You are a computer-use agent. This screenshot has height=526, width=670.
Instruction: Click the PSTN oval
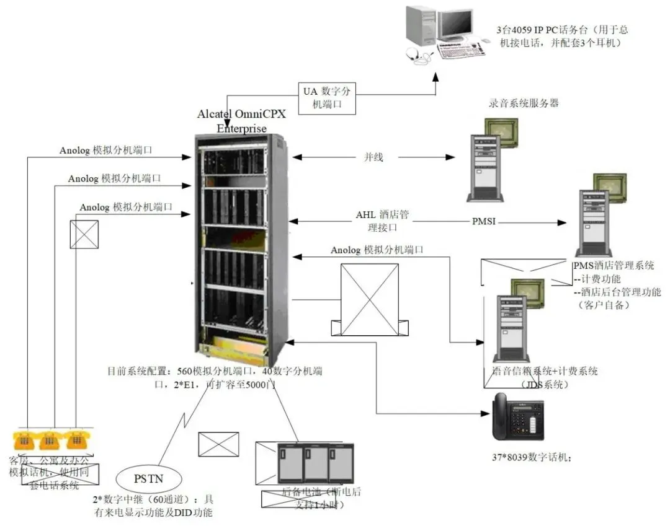coord(149,478)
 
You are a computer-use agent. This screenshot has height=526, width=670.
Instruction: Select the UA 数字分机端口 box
coord(328,97)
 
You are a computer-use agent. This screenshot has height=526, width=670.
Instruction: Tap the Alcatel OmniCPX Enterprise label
coord(241,121)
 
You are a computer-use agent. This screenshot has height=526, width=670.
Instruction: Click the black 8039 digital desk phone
coord(517,416)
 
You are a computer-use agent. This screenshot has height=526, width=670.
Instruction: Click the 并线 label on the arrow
coord(373,157)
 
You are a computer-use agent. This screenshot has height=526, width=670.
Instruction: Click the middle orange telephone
coord(49,440)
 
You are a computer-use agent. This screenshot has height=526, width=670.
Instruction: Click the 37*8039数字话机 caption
coord(531,458)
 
